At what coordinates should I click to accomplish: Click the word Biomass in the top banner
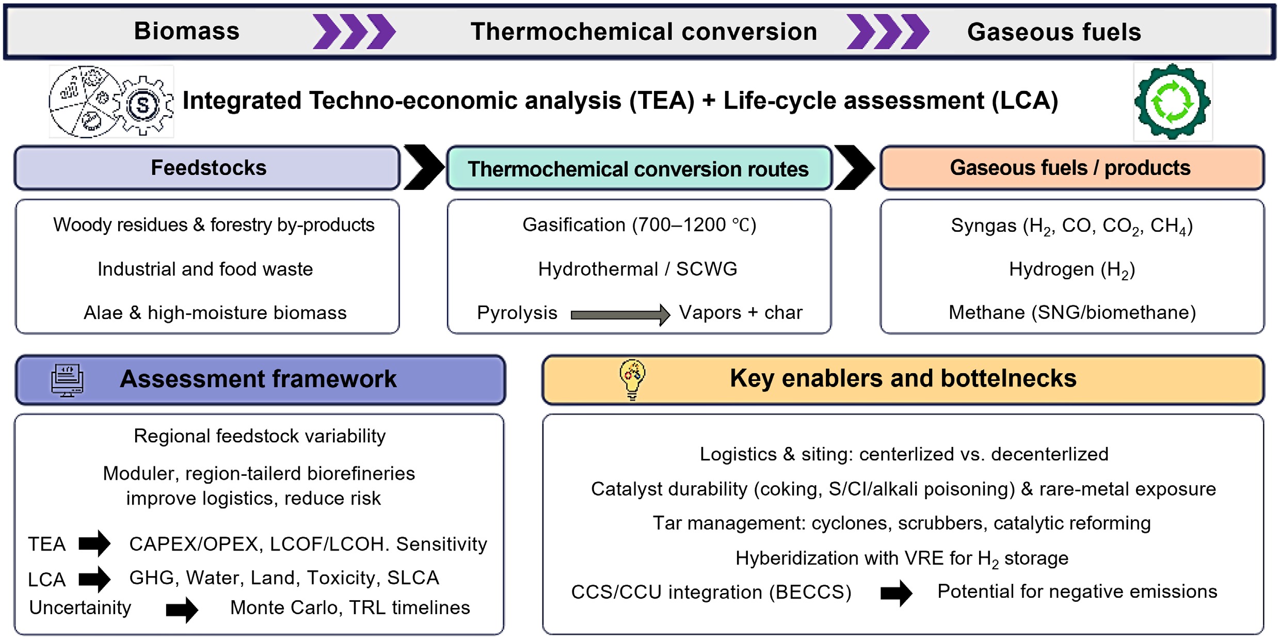[x=187, y=31]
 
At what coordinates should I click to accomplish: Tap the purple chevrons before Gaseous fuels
[x=887, y=31]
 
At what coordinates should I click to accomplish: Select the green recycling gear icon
[x=1172, y=102]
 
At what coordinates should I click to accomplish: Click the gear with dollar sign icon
[x=143, y=105]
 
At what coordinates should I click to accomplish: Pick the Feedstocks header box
[x=207, y=168]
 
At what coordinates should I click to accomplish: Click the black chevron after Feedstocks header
[x=423, y=167]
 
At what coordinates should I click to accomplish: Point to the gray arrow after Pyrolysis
[x=619, y=314]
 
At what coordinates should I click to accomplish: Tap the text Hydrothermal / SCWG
[x=637, y=269]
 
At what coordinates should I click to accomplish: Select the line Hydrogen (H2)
[x=1071, y=269]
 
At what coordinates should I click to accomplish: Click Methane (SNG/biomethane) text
[x=1072, y=313]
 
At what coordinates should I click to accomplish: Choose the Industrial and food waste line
[x=205, y=269]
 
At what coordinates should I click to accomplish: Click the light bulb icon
[x=632, y=379]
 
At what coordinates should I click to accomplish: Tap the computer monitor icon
[x=67, y=380]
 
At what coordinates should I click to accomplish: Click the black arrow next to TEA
[x=94, y=543]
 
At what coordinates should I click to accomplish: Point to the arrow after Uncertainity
[x=182, y=610]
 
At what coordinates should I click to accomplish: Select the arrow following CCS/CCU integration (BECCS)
[x=896, y=593]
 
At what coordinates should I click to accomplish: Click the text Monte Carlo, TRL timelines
[x=350, y=608]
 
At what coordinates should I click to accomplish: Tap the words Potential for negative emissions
[x=1077, y=592]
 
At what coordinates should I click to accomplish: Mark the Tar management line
[x=902, y=523]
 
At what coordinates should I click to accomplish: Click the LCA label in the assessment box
[x=46, y=579]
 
